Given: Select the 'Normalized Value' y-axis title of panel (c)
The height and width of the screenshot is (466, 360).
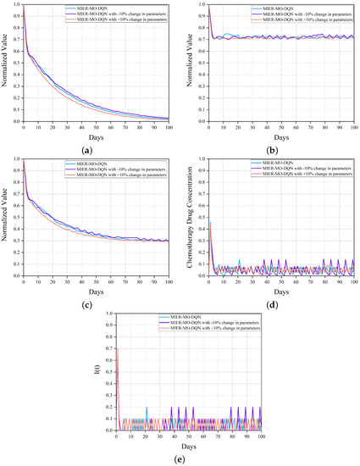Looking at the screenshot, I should tap(7, 217).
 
